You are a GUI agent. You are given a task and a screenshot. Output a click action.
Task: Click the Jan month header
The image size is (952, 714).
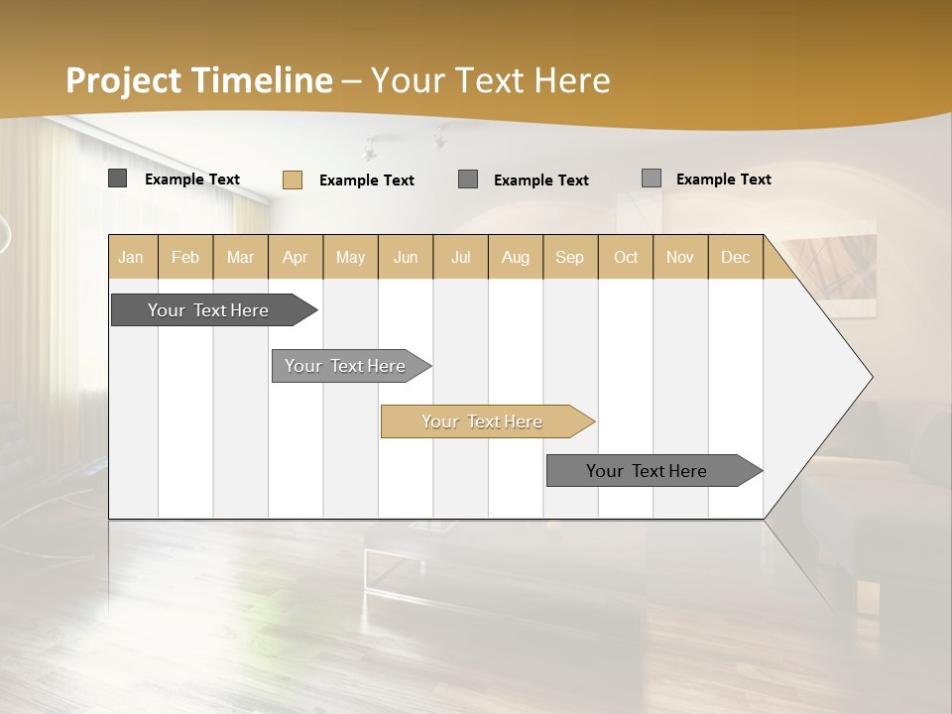(132, 257)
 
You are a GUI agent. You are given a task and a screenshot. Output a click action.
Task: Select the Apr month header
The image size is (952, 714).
(296, 257)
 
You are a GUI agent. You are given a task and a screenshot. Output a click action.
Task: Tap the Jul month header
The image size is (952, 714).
(460, 257)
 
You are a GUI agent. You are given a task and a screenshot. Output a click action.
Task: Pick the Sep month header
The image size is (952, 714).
(569, 257)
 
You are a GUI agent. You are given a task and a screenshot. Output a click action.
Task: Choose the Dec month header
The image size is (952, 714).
(735, 257)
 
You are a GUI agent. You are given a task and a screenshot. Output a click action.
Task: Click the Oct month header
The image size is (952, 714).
(626, 257)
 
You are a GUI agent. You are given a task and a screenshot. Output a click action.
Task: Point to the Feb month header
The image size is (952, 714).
(185, 257)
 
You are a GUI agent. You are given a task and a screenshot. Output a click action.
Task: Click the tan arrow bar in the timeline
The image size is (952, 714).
(484, 421)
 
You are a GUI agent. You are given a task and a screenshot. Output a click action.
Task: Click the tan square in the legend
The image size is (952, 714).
(292, 179)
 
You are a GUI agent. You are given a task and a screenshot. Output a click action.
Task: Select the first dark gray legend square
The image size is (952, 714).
(117, 178)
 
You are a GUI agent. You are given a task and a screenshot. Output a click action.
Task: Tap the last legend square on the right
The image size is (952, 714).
(651, 178)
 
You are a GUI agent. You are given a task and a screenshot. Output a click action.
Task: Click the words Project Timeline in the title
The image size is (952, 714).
(198, 80)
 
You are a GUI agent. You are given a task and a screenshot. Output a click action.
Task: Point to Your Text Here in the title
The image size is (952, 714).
(490, 80)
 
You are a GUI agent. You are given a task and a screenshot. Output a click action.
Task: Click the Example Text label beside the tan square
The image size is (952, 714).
(366, 180)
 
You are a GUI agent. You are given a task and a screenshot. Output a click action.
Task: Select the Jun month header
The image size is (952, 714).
(406, 257)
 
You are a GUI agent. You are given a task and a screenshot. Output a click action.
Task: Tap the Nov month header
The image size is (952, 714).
(680, 257)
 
